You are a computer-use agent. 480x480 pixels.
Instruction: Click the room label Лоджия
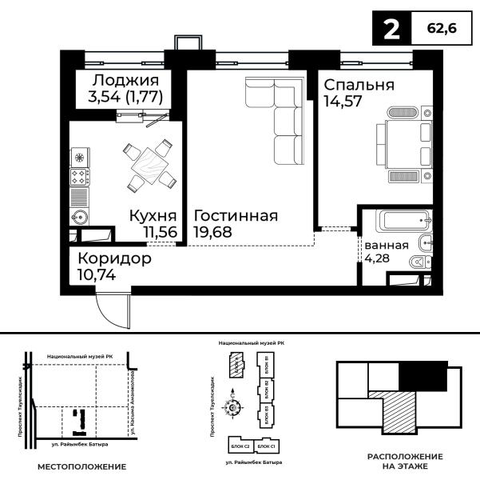(125, 81)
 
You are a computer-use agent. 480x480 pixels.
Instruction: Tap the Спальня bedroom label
(359, 85)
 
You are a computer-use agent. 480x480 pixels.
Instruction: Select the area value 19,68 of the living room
(210, 232)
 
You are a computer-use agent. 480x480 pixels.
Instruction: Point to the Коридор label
(115, 259)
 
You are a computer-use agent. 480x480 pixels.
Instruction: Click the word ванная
(387, 245)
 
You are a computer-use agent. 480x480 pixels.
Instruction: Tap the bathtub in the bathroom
(403, 220)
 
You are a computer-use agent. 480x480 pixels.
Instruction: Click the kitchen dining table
(150, 165)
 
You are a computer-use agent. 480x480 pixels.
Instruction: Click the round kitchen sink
(80, 216)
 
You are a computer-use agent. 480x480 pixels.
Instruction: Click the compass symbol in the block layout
(234, 408)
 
